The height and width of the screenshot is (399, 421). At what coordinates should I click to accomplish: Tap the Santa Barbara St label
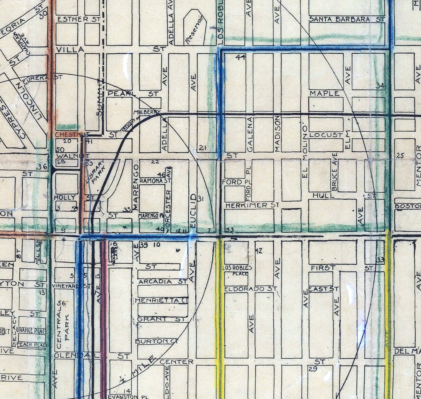pos(346,19)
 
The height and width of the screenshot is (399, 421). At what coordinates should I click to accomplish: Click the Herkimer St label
pos(252,205)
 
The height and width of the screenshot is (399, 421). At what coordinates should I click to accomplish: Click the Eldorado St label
pos(251,289)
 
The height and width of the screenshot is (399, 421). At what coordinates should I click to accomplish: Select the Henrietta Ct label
pos(161,300)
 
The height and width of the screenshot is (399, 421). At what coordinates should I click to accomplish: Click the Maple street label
pos(324,93)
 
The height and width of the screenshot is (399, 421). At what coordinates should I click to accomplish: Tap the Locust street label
pos(326,135)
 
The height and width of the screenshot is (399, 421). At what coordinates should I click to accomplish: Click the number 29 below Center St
pos(313,368)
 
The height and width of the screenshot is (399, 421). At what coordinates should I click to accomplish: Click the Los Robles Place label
pos(237,270)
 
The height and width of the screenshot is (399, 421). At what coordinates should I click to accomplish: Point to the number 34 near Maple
pos(380,86)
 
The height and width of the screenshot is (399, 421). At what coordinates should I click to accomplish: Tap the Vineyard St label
pos(72,286)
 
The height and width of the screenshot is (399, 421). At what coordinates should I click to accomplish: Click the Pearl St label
pos(133,93)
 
